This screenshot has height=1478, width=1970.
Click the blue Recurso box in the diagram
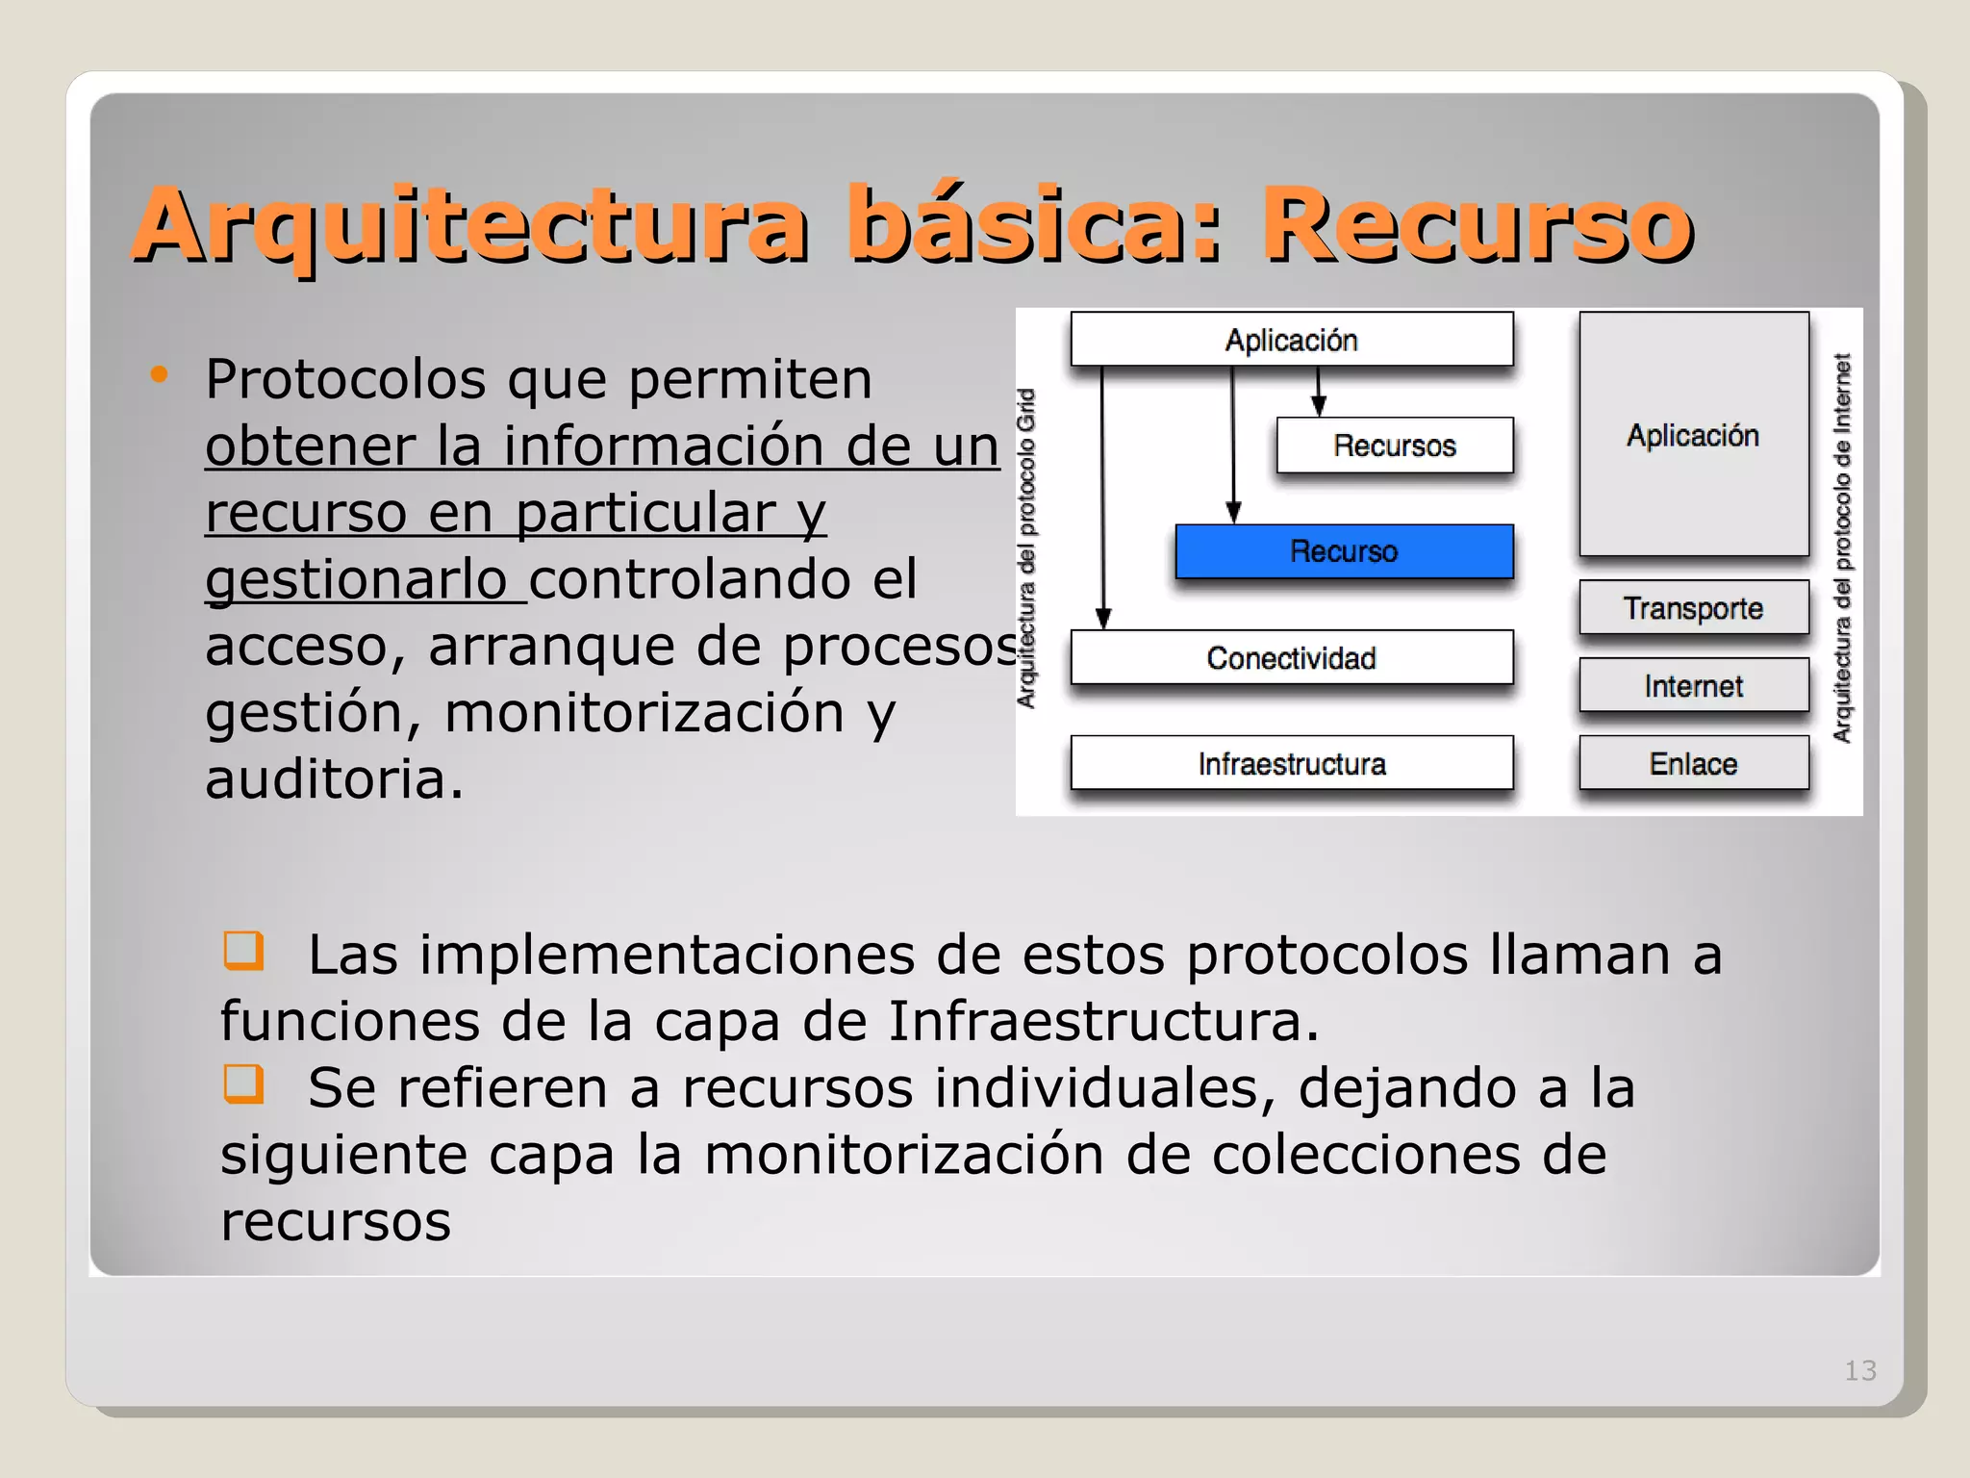coord(1344,551)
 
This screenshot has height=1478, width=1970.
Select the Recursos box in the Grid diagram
coord(1394,446)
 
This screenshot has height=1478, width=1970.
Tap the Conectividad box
coord(1291,658)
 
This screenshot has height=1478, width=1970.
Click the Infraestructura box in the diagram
coord(1291,764)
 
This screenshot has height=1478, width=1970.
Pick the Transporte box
coord(1693,608)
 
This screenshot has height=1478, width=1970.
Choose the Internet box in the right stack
coord(1693,686)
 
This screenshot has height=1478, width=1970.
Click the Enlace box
coord(1693,764)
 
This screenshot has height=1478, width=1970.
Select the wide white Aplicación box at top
coord(1291,340)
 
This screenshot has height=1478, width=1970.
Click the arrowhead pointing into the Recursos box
coord(1319,407)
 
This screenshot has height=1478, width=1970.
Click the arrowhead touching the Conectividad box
coord(1103,619)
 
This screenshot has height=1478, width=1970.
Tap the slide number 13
coord(1860,1370)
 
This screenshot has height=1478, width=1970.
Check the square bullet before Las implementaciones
coord(242,950)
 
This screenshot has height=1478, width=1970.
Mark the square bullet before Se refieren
coord(242,1083)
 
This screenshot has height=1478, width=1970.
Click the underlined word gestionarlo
coord(356,580)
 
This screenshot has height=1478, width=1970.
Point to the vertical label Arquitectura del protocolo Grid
coord(1027,548)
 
